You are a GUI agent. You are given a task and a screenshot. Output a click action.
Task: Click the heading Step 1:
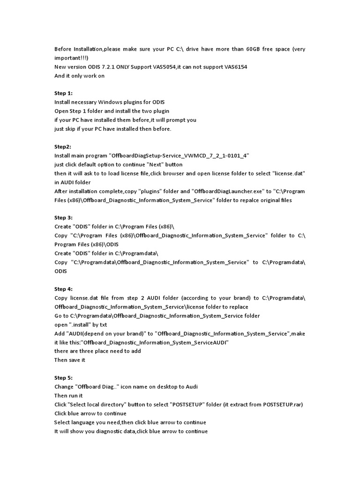pyautogui.click(x=63, y=93)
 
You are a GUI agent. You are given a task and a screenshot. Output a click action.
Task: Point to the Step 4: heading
pyautogui.click(x=63, y=289)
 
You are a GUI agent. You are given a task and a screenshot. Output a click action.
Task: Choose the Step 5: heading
pyautogui.click(x=63, y=377)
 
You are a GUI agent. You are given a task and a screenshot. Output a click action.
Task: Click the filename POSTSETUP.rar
pyautogui.click(x=282, y=404)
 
